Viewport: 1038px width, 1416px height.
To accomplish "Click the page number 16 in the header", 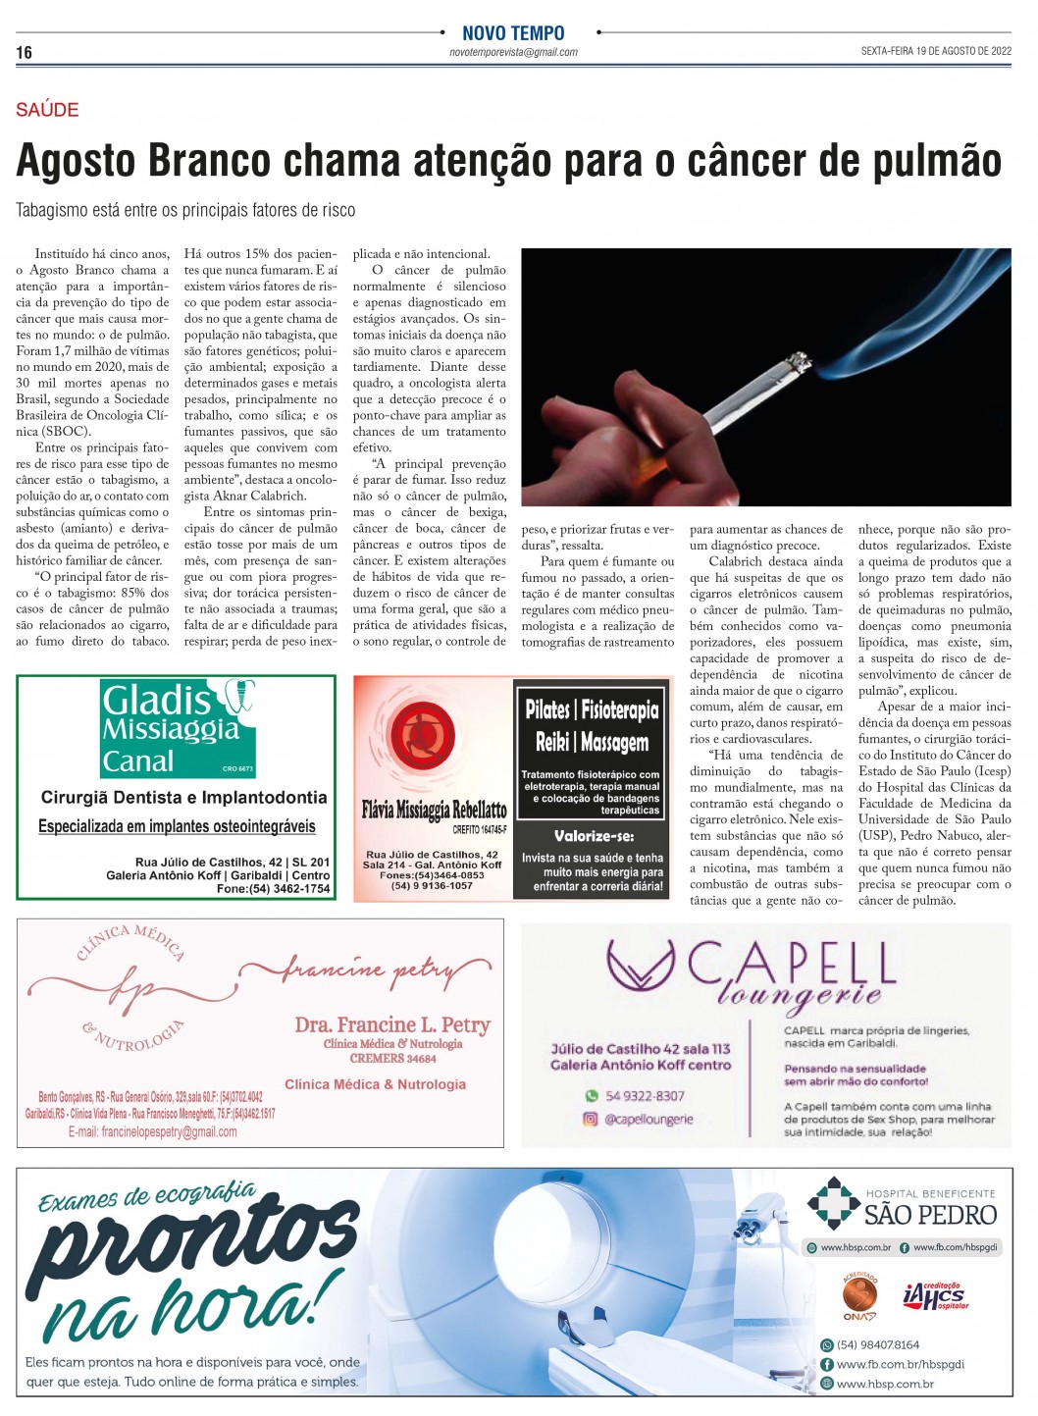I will coord(25,52).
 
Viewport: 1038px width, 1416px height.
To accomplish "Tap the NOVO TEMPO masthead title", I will coord(513,33).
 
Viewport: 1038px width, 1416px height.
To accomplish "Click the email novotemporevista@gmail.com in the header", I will coord(513,52).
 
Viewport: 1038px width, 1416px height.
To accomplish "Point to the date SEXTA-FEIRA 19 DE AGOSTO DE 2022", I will coord(935,51).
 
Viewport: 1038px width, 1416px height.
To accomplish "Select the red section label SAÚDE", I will coord(47,110).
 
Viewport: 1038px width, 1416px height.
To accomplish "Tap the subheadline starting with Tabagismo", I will coord(185,210).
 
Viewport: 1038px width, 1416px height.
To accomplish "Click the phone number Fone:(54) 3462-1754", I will coord(273,889).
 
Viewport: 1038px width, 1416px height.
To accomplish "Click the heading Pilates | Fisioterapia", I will coord(592,708).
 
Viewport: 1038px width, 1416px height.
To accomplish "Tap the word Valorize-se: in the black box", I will coord(594,836).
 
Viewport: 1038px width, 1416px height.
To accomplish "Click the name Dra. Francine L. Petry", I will coord(391,1024).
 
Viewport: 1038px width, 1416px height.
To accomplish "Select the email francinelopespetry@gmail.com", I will coord(153,1131).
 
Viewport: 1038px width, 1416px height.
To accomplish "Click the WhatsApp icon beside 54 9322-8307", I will coord(591,1096).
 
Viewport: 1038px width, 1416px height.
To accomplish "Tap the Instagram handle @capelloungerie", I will coord(649,1119).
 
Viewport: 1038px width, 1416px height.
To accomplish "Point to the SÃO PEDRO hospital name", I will coord(929,1215).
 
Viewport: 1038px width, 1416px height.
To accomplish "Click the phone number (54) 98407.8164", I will coord(878,1345).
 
